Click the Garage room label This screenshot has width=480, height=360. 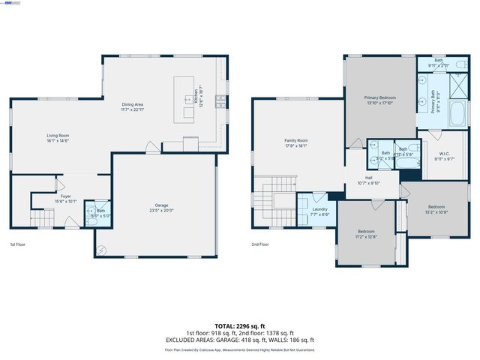161,205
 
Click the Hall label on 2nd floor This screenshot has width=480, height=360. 368,179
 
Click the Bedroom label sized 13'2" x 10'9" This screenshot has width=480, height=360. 436,208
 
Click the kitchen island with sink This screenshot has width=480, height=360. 184,98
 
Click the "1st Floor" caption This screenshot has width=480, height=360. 18,244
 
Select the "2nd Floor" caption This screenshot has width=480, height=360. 261,244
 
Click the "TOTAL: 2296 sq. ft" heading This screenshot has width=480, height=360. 240,325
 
